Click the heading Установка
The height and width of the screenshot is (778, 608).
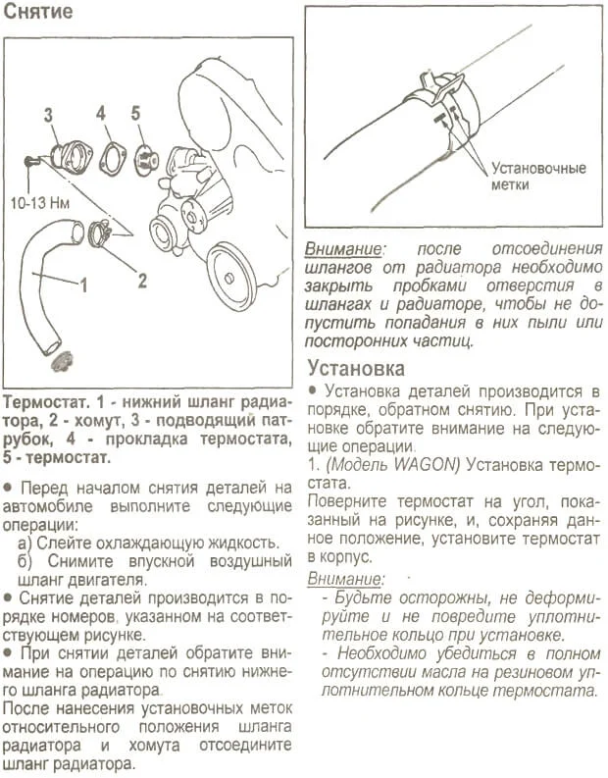point(356,369)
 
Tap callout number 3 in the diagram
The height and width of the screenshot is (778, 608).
point(47,115)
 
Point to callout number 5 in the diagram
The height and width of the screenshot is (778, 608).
point(136,112)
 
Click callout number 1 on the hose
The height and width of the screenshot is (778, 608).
point(83,286)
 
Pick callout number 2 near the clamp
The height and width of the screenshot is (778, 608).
point(141,281)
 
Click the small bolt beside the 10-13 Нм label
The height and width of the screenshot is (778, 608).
point(32,160)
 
